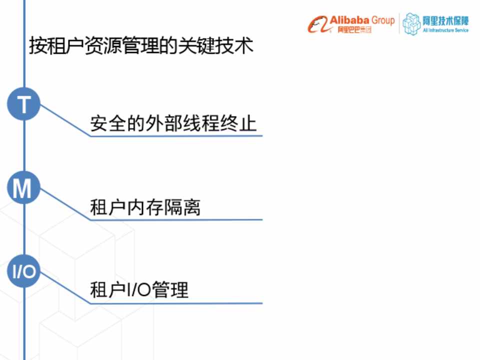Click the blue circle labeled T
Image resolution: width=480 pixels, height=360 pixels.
[x=24, y=103]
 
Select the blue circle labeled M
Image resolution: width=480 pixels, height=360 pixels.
[x=24, y=187]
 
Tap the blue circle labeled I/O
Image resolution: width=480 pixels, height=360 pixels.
[x=24, y=271]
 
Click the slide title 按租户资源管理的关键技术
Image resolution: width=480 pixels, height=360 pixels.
[x=141, y=46]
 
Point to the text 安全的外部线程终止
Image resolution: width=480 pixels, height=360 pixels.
[x=173, y=123]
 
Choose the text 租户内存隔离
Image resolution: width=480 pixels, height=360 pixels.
[x=145, y=207]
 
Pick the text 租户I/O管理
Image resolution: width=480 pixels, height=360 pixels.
[x=139, y=289]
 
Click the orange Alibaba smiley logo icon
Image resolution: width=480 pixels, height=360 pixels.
[x=319, y=24]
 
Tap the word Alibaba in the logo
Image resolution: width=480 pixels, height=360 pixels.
[x=349, y=20]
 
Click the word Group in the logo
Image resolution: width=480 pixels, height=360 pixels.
[x=383, y=21]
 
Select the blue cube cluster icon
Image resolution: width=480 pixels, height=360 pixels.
[x=411, y=24]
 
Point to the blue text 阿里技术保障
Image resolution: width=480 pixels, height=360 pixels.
[x=445, y=21]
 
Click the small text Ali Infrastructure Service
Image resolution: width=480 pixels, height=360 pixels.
[x=445, y=30]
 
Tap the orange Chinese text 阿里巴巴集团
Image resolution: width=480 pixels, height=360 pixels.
[x=354, y=29]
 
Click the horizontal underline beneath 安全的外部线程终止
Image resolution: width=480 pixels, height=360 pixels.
[x=176, y=135]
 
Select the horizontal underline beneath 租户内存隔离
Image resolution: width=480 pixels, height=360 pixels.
[x=176, y=219]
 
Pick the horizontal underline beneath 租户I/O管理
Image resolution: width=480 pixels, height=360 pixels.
[x=176, y=303]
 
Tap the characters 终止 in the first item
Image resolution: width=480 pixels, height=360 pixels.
[x=238, y=123]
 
